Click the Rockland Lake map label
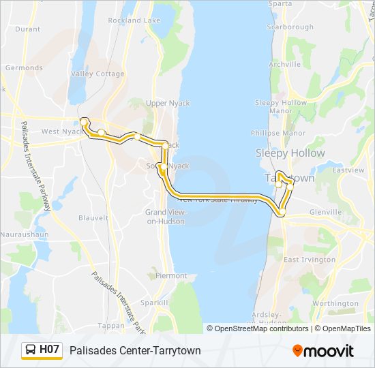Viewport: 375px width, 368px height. pos(134,20)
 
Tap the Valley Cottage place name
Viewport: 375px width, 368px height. pos(97,74)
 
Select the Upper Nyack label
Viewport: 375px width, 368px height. pos(168,104)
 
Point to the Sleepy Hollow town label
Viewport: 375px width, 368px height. pos(290,153)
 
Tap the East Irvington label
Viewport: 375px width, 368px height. pos(310,260)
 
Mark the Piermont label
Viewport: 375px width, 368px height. pos(171,276)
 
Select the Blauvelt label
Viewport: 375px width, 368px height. pos(93,218)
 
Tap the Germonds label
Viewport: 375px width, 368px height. pos(24,68)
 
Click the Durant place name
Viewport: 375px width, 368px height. pos(27,29)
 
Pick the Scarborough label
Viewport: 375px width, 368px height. pos(290,27)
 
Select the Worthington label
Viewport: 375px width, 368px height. pos(335,304)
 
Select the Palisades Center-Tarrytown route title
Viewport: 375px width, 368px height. pos(145,350)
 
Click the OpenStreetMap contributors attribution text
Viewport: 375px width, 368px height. pos(261,328)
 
